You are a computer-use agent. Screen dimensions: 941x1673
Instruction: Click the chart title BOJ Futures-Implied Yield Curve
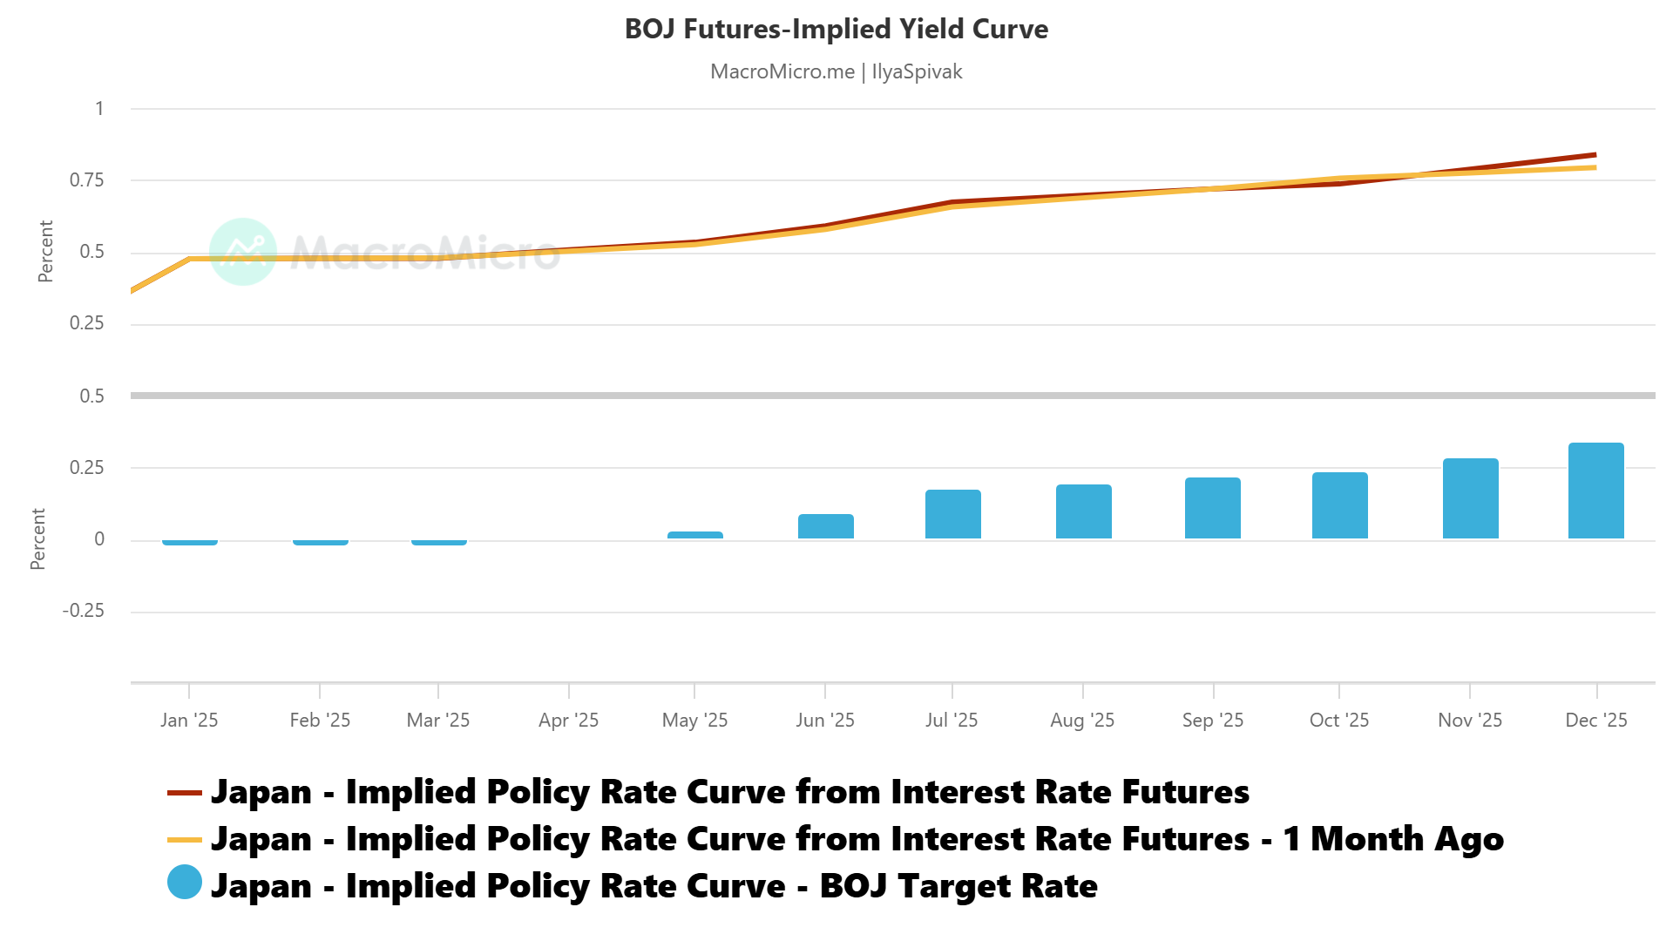click(836, 29)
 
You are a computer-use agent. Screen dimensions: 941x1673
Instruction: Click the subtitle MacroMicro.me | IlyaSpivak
click(836, 71)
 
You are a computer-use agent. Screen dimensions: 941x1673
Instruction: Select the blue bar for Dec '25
click(1595, 491)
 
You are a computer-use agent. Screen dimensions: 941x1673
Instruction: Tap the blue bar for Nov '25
click(1470, 498)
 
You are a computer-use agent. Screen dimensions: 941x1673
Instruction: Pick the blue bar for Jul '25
click(952, 514)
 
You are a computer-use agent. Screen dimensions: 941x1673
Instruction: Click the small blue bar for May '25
click(694, 535)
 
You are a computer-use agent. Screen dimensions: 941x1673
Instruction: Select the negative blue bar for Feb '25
click(320, 542)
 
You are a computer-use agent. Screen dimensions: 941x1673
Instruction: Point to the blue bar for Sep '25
click(1212, 508)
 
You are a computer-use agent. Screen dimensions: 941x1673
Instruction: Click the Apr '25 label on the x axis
click(568, 721)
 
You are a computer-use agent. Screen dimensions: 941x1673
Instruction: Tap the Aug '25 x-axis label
click(1081, 721)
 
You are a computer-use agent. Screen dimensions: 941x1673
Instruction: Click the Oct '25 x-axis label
click(1338, 721)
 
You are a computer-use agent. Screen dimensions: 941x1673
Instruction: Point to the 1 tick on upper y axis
click(99, 109)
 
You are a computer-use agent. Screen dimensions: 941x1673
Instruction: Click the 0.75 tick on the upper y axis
click(87, 180)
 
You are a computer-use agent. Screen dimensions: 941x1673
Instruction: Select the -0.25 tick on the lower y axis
click(84, 611)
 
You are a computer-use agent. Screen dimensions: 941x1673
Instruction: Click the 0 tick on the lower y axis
click(99, 539)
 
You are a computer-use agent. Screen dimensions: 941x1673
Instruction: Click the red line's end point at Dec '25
click(1595, 155)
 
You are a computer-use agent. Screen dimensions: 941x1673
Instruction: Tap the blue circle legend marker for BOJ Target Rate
click(185, 882)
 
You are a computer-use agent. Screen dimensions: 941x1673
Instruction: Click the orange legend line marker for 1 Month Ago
click(185, 840)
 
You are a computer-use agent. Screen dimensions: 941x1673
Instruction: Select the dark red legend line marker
click(185, 793)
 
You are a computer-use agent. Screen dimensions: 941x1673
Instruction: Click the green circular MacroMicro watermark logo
click(243, 252)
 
